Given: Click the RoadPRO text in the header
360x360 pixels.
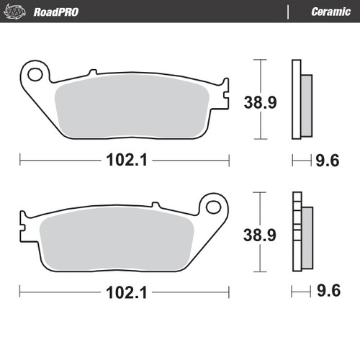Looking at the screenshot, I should (55, 12).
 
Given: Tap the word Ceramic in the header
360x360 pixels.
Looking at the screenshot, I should (330, 12).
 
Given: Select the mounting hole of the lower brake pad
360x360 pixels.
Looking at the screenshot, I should (213, 207).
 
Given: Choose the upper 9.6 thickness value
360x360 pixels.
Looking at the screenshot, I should (329, 161).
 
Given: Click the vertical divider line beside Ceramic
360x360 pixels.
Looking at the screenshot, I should (287, 12).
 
